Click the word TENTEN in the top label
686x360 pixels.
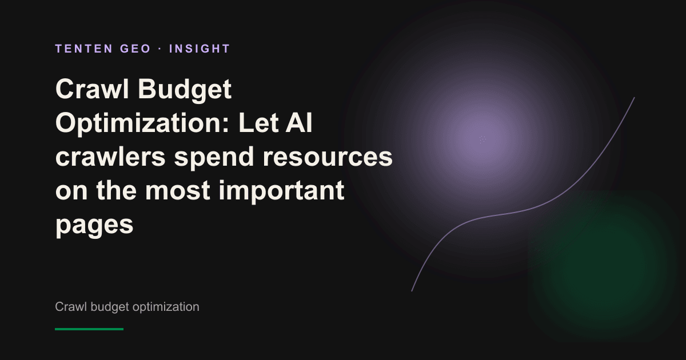tap(84, 49)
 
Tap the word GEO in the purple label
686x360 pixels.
tap(135, 49)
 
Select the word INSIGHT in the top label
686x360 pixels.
tap(200, 49)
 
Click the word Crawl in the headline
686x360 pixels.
tap(92, 89)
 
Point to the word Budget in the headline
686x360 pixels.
tap(185, 90)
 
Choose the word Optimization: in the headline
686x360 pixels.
tap(142, 123)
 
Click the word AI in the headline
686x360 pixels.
tap(298, 123)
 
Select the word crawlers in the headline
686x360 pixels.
tap(110, 156)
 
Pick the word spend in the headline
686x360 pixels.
tap(214, 157)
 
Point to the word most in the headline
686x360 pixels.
tap(178, 191)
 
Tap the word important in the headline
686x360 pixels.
tap(281, 192)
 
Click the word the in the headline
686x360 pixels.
tap(117, 190)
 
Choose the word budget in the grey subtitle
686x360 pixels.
tap(110, 307)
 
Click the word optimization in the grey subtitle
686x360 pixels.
tap(166, 307)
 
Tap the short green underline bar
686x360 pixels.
tap(89, 329)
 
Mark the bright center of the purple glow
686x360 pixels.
tap(482, 139)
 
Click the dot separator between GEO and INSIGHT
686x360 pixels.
tap(160, 49)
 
